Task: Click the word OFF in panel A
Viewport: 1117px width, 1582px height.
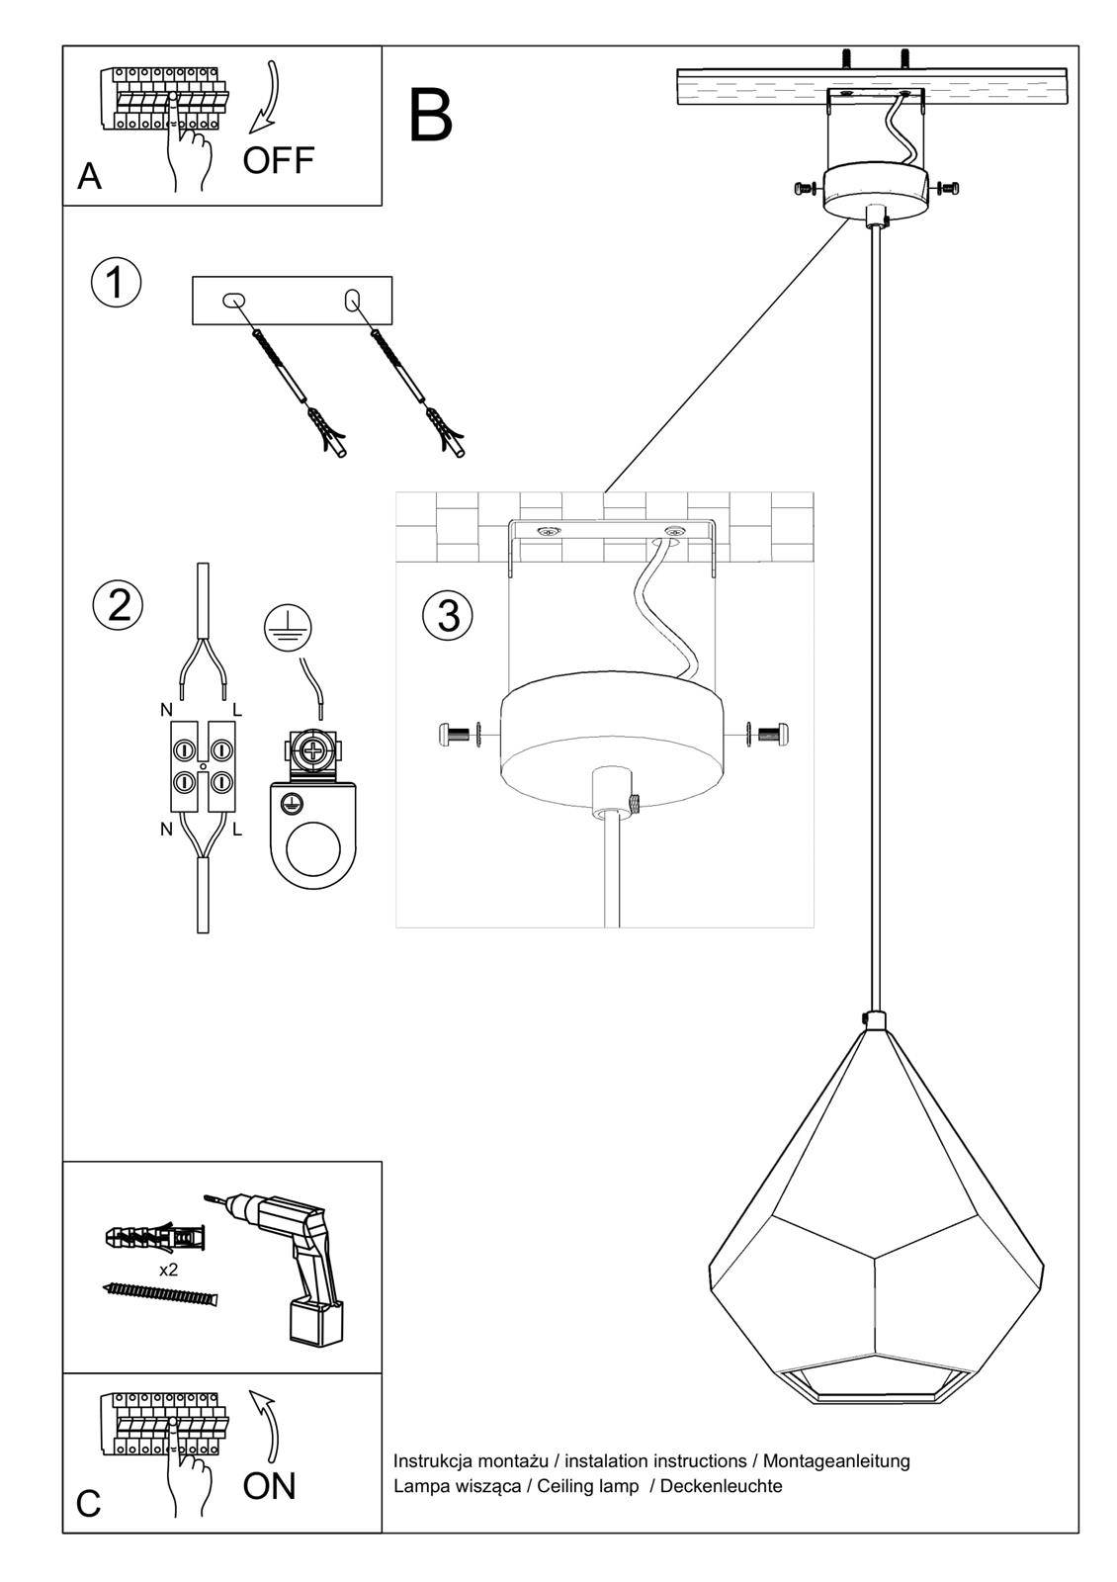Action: (278, 159)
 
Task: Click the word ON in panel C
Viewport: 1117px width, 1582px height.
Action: (269, 1485)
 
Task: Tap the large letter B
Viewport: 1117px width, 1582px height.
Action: (430, 117)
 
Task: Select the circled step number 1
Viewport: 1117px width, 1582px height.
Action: (117, 284)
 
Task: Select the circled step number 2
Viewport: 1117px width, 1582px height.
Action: (119, 604)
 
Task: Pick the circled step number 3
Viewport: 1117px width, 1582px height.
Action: (448, 615)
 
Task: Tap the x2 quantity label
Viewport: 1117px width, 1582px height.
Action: (169, 1270)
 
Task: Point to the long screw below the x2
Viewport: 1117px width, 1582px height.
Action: (160, 1294)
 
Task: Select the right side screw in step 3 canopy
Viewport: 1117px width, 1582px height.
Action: (770, 734)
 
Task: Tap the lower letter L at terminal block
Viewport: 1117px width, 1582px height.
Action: (237, 831)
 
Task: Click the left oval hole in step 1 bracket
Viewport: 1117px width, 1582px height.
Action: (234, 300)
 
